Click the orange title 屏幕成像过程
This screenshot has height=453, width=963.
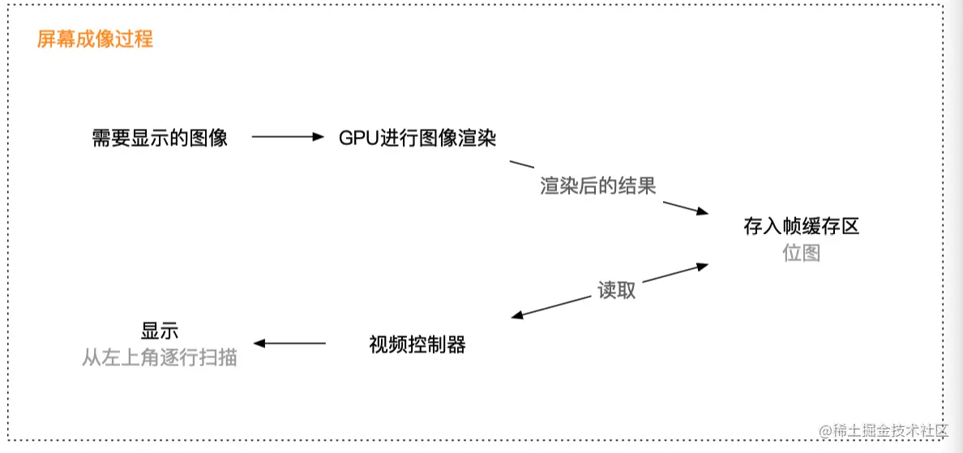click(95, 39)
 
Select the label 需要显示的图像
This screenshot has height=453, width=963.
click(160, 138)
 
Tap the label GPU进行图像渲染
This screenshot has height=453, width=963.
click(417, 138)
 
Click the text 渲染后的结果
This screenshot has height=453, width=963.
click(598, 186)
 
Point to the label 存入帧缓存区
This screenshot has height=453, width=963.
click(801, 226)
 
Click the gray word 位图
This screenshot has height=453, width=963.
click(801, 253)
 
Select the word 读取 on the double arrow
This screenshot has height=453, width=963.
click(617, 290)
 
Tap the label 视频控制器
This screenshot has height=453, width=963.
click(417, 344)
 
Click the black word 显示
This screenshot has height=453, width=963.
click(160, 331)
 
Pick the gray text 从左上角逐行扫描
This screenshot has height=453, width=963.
click(160, 357)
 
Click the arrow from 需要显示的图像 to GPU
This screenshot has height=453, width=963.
click(288, 137)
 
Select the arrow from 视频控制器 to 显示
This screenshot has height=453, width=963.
click(290, 344)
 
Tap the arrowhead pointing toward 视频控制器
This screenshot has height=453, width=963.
click(518, 316)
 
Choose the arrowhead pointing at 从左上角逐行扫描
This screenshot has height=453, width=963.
click(260, 344)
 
